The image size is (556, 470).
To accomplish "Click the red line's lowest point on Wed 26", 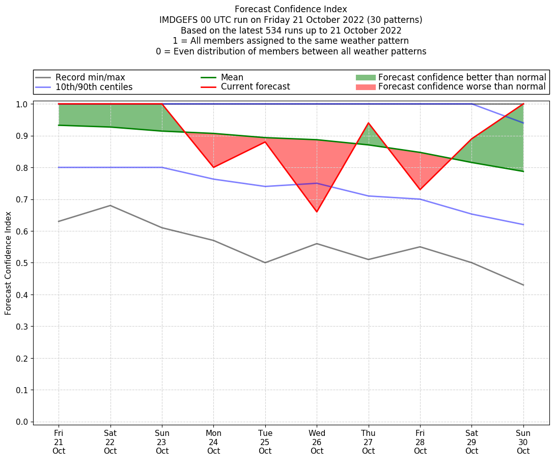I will pyautogui.click(x=317, y=212).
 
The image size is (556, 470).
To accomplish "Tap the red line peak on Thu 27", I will pyautogui.click(x=368, y=123).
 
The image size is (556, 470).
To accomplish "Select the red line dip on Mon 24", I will pyautogui.click(x=213, y=167).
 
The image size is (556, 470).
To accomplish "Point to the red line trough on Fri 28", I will pyautogui.click(x=420, y=190).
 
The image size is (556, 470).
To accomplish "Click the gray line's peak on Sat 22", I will pyautogui.click(x=110, y=205).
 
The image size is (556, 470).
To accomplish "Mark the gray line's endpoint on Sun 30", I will pyautogui.click(x=523, y=285).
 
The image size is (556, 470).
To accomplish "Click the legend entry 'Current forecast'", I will pyautogui.click(x=255, y=87).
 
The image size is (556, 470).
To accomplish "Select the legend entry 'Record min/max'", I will pyautogui.click(x=90, y=77).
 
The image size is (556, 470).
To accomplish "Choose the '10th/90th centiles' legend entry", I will pyautogui.click(x=94, y=87).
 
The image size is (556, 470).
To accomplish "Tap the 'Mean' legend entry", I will pyautogui.click(x=232, y=77).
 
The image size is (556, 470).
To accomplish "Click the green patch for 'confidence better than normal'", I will pyautogui.click(x=365, y=77).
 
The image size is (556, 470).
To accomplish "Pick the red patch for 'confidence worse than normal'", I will pyautogui.click(x=365, y=87).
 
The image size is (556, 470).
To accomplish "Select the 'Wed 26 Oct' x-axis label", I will pyautogui.click(x=317, y=442).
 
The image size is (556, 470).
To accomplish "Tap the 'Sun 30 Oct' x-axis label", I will pyautogui.click(x=523, y=442).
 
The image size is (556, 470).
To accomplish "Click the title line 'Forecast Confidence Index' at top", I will pyautogui.click(x=291, y=9).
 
